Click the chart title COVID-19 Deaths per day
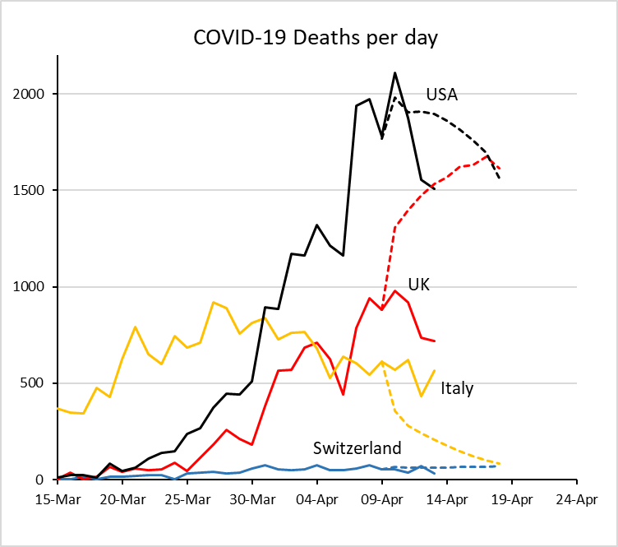coord(316,37)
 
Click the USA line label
coord(441,95)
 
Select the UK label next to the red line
coord(419,285)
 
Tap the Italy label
coord(457,388)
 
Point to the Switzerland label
coord(357,448)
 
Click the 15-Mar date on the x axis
coord(58,498)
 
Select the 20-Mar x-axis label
coord(122,498)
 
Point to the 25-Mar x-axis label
coord(187,498)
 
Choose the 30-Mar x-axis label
coord(252,498)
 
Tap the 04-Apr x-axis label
coord(317,498)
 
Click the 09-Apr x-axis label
coord(382,498)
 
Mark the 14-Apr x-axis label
coord(447,498)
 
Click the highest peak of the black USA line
coord(395,73)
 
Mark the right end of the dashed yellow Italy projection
coord(500,463)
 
